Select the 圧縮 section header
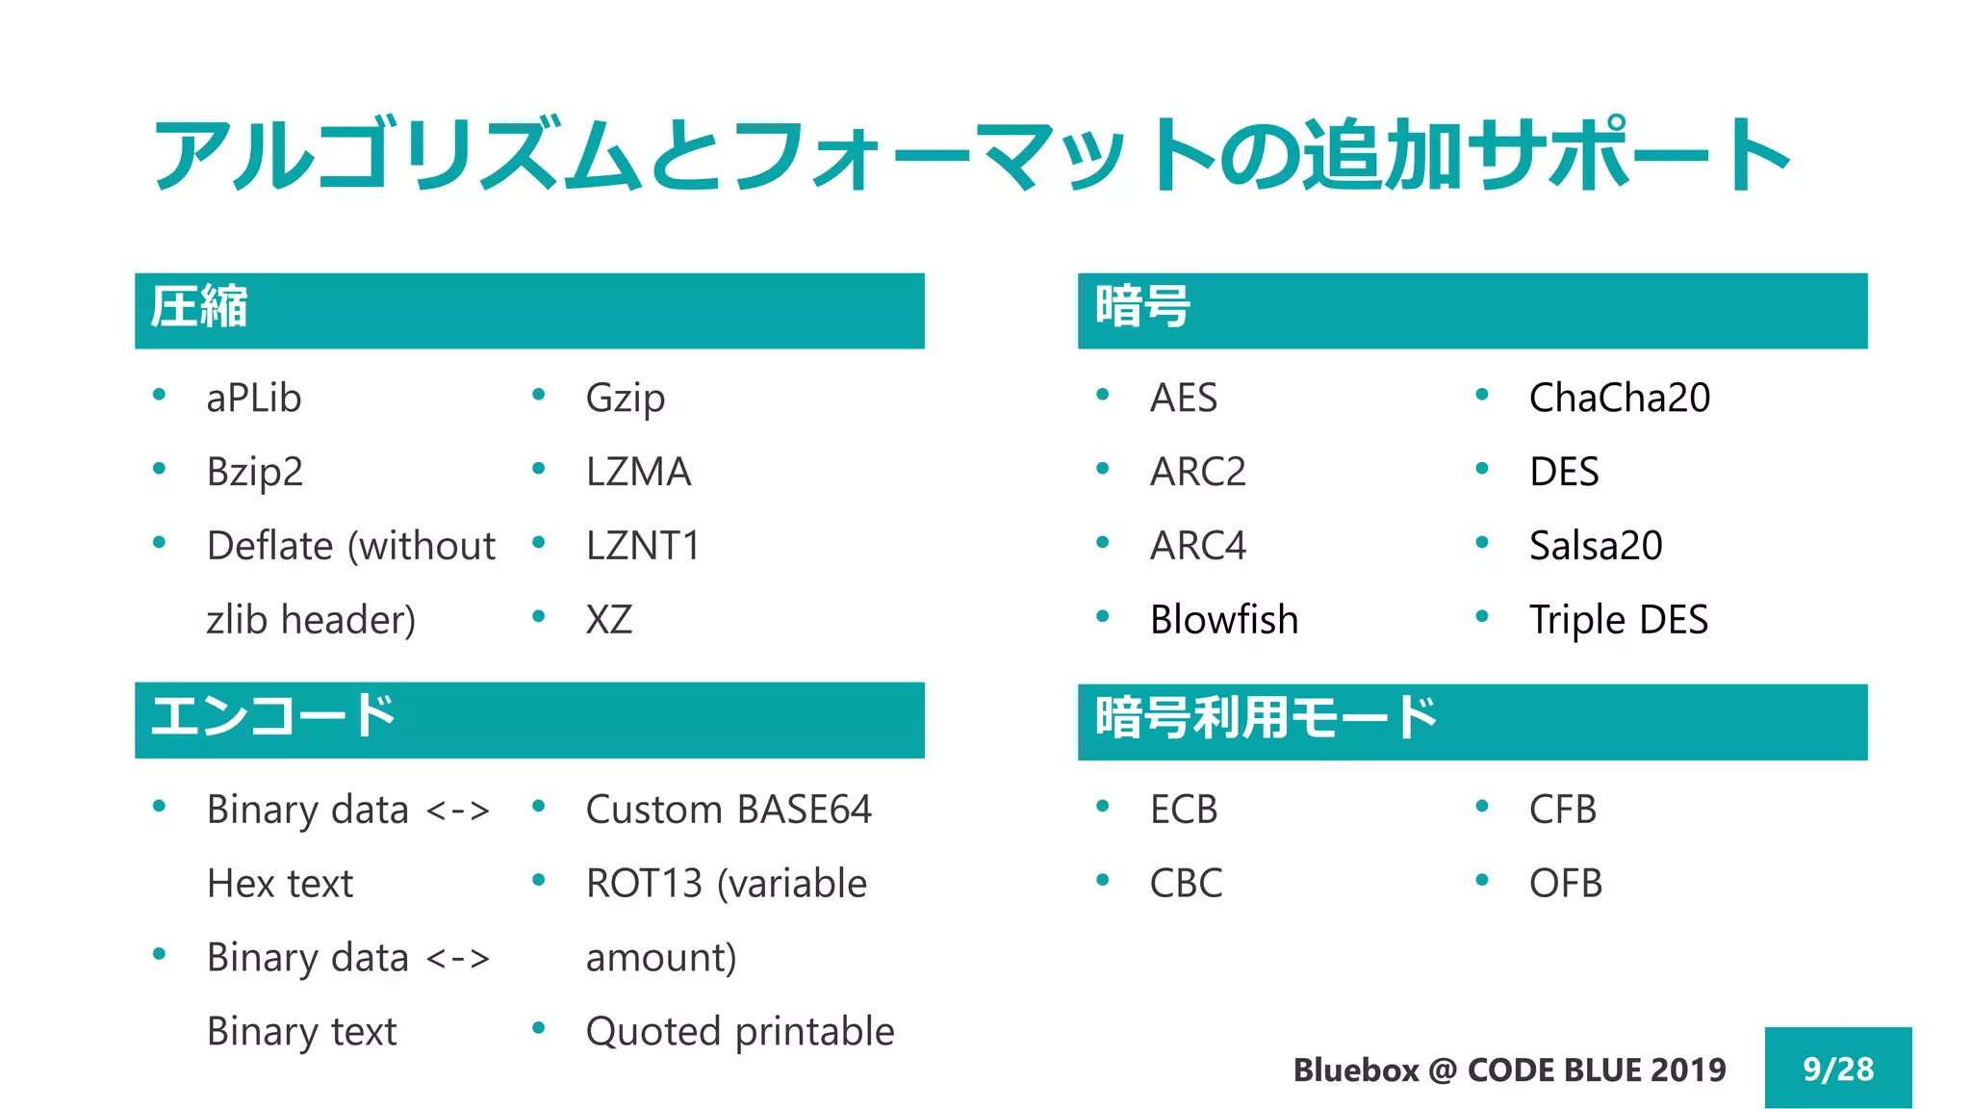click(198, 308)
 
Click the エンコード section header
click(272, 717)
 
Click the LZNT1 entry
click(642, 546)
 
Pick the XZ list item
click(609, 620)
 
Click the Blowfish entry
click(1223, 620)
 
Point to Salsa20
click(1596, 546)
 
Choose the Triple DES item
click(1619, 620)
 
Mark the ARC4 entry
click(1198, 546)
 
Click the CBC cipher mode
click(1186, 884)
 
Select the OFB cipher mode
click(1566, 884)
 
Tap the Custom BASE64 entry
click(729, 810)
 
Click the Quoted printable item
click(740, 1032)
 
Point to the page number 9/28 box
click(1837, 1069)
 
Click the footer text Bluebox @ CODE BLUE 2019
click(1509, 1070)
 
